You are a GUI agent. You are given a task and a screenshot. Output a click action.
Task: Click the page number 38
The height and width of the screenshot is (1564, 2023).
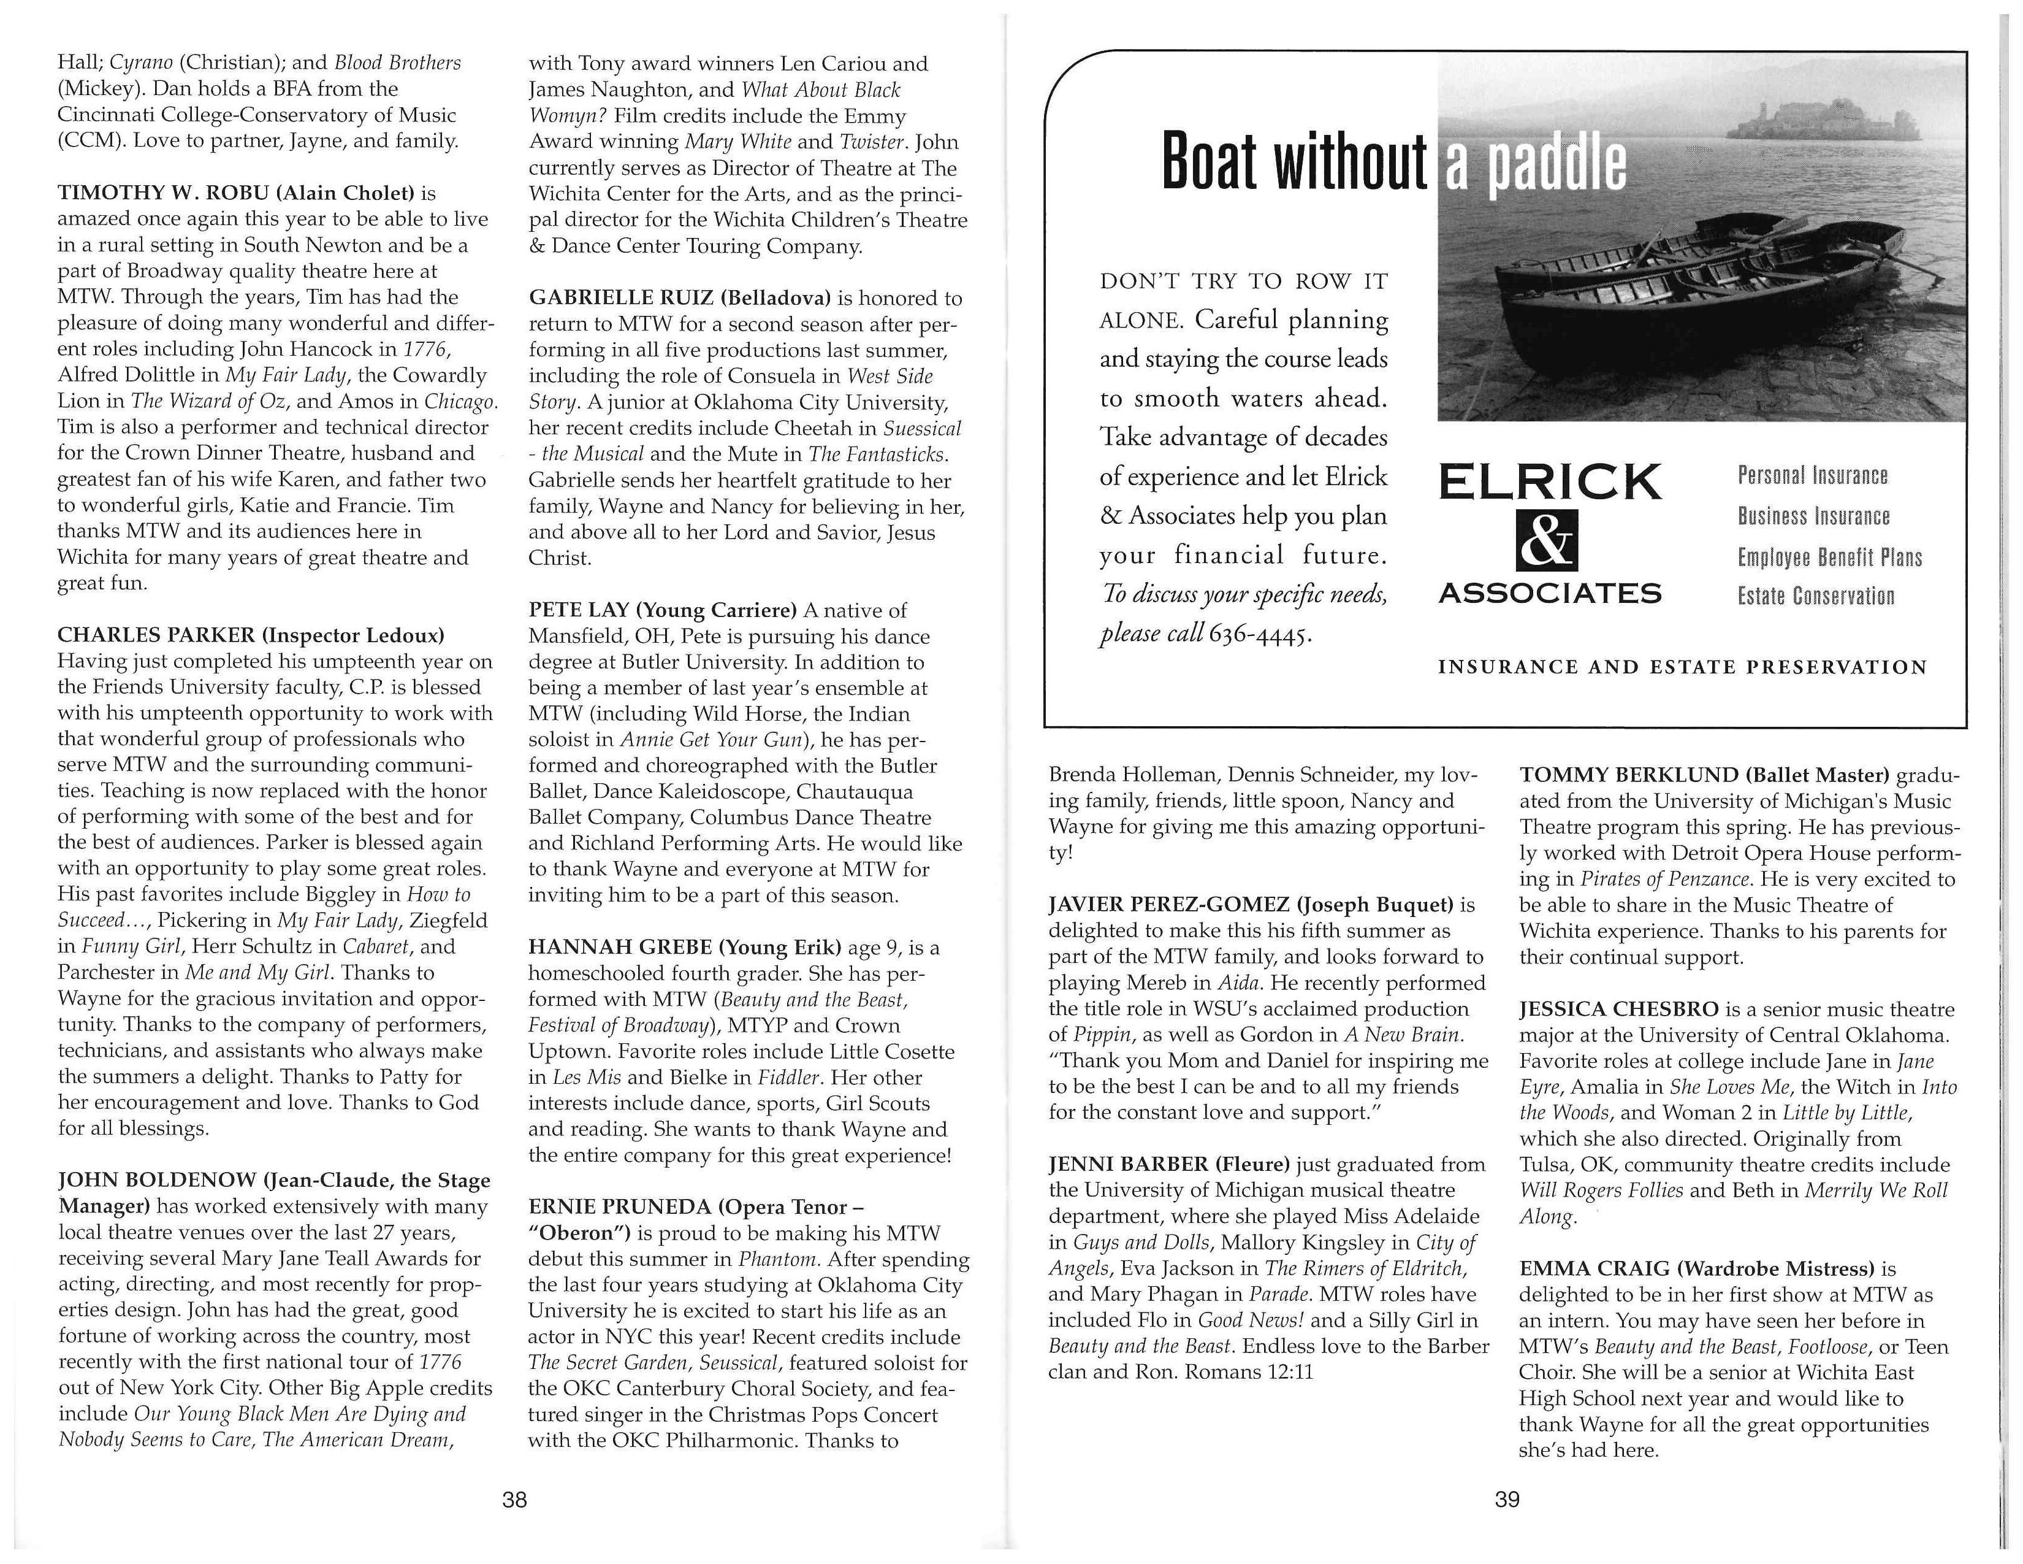514,1498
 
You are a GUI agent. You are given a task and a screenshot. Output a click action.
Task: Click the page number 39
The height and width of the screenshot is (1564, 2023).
1507,1498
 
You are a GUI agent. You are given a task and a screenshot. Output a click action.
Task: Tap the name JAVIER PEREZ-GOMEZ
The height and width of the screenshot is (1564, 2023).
1167,904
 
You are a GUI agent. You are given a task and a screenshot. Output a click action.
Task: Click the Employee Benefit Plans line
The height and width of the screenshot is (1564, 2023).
1829,557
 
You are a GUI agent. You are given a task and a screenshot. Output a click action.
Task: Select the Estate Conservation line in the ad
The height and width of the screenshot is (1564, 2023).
1816,596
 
